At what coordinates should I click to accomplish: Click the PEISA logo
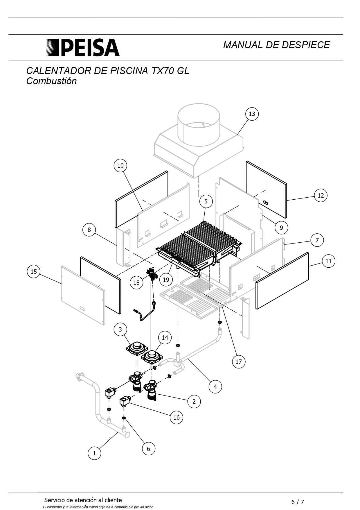[x=83, y=47]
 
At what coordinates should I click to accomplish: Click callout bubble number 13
[x=252, y=114]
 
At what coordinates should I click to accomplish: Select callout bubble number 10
[x=120, y=166]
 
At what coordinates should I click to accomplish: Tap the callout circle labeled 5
[x=206, y=201]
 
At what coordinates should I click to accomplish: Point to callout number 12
[x=321, y=196]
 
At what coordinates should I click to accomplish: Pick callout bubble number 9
[x=281, y=228]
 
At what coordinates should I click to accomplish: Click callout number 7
[x=317, y=240]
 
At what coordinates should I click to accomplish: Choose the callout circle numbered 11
[x=328, y=261]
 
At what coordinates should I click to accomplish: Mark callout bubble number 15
[x=34, y=271]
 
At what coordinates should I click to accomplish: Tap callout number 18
[x=136, y=282]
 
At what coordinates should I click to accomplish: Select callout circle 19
[x=166, y=280]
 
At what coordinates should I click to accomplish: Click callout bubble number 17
[x=239, y=362]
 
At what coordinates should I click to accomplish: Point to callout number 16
[x=177, y=417]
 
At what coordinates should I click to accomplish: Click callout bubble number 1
[x=94, y=453]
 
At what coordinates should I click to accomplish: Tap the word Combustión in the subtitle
[x=51, y=81]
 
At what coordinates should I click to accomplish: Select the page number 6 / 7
[x=298, y=502]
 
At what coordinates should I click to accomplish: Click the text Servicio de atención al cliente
[x=83, y=500]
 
